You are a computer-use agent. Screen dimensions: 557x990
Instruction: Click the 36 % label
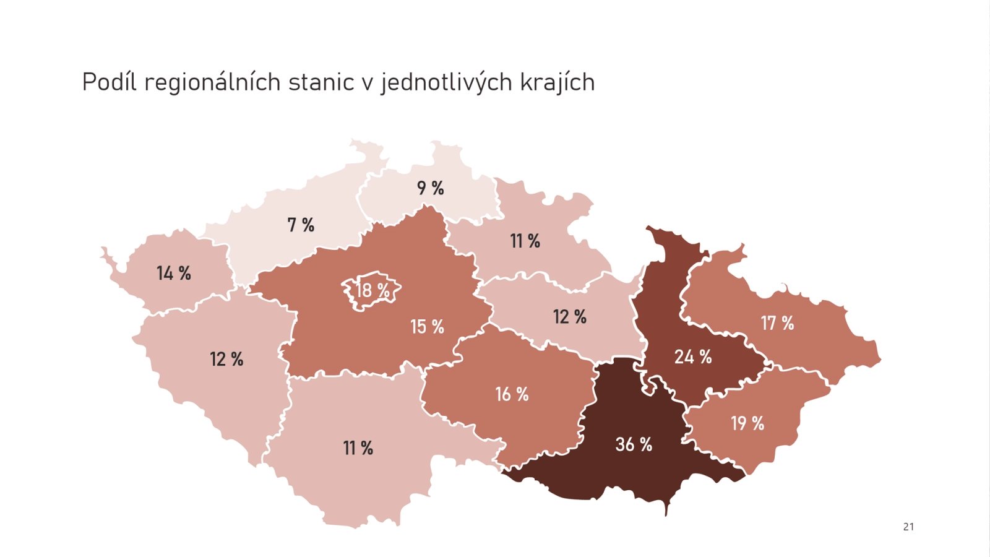click(634, 444)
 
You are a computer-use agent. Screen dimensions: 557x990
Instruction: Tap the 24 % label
click(692, 356)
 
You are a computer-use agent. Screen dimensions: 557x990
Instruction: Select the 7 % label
click(301, 225)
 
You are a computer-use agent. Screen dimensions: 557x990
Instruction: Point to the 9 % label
click(430, 188)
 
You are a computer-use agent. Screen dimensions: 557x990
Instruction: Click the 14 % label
click(173, 273)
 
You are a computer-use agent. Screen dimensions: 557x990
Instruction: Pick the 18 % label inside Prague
click(372, 290)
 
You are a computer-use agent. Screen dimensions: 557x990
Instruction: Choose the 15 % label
click(427, 327)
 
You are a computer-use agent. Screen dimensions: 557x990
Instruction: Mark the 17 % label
click(777, 323)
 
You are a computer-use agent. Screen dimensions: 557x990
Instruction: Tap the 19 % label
click(747, 423)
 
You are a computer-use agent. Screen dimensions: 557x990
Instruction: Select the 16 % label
click(512, 394)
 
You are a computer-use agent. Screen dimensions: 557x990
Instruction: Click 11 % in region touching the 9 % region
click(525, 241)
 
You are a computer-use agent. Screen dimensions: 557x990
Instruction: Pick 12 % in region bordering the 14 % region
click(226, 359)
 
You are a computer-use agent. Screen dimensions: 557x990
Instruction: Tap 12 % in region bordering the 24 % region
click(569, 317)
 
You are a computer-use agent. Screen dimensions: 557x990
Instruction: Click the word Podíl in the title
click(109, 82)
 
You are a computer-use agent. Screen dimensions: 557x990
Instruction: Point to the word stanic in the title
click(321, 82)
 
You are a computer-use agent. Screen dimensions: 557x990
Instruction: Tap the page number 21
click(908, 527)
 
